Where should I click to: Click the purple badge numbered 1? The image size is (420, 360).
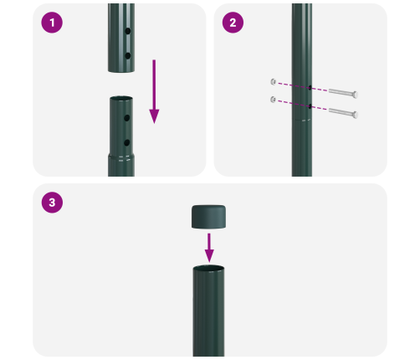click(53, 23)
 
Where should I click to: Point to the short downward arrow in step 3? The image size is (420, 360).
click(209, 246)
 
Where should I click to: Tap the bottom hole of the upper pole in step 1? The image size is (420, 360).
click(127, 55)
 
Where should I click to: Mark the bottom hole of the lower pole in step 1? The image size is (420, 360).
click(127, 142)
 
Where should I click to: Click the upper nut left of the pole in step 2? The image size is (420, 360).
click(273, 81)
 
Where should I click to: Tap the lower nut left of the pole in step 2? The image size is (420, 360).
click(273, 100)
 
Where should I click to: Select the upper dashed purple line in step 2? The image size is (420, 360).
click(292, 85)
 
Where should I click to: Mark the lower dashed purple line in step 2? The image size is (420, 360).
click(292, 104)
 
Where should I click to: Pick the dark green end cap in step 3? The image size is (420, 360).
click(209, 218)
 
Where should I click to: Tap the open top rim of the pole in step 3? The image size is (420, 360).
click(209, 269)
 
